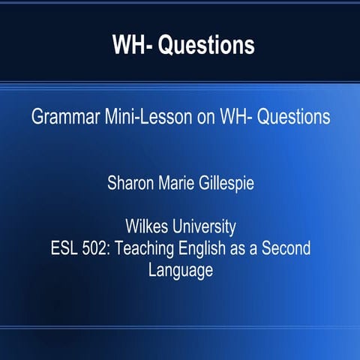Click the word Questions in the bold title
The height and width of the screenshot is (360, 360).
click(210, 45)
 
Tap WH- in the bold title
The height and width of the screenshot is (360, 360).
click(133, 45)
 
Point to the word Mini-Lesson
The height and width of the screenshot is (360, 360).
click(136, 118)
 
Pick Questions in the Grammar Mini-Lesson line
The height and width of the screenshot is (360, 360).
click(289, 118)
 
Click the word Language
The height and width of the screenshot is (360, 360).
click(180, 269)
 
